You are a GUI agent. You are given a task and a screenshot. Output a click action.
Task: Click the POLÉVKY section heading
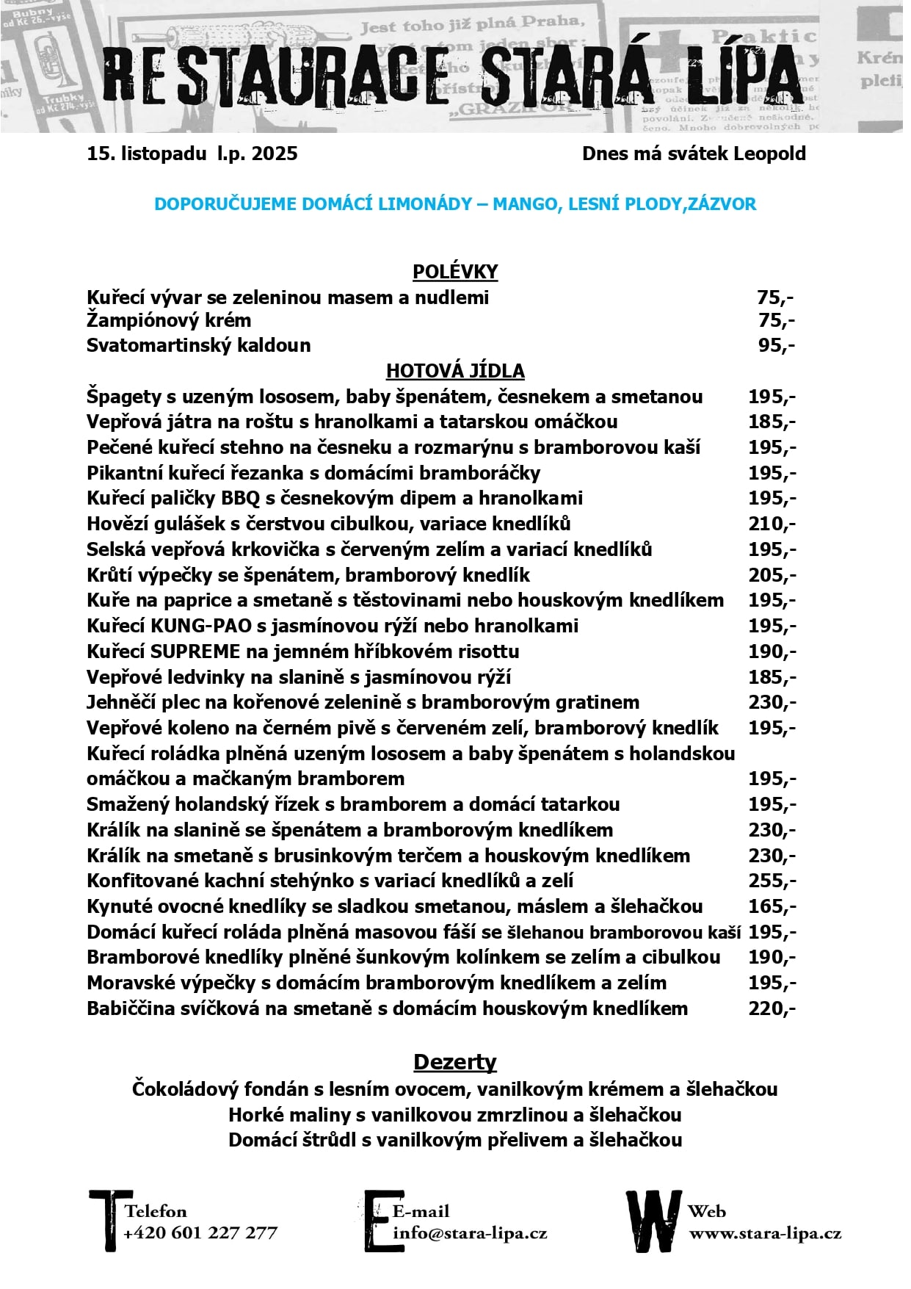pos(455,272)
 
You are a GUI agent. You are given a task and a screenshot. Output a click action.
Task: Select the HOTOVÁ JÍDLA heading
pos(455,370)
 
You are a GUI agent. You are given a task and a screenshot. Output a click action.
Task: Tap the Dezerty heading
pos(455,1062)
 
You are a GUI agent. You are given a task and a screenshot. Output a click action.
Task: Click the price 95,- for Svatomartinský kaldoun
pos(776,345)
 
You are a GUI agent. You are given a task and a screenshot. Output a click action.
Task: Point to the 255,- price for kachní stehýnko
pos(772,881)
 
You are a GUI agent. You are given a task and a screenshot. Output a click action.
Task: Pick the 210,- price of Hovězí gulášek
pos(772,524)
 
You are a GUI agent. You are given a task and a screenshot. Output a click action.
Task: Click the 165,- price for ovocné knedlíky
pos(772,906)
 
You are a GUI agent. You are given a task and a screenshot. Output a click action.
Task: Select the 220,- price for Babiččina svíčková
pos(772,1008)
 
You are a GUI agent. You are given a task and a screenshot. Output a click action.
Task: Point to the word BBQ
pos(241,498)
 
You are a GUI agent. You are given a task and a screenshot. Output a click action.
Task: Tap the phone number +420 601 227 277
pos(200,1232)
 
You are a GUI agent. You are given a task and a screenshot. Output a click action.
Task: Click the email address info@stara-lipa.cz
pos(470,1232)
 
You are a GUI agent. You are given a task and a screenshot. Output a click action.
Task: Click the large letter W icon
pos(652,1220)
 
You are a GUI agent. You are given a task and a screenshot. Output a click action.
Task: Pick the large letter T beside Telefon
pos(109,1220)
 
